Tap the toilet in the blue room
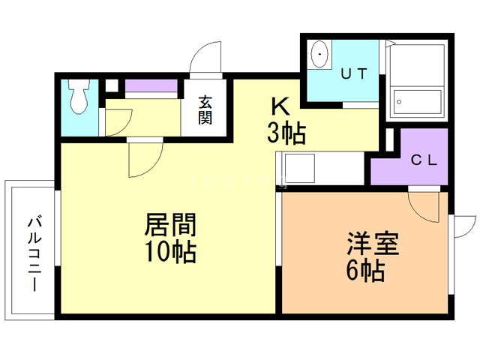[x=78, y=97]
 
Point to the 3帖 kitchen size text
[x=285, y=133]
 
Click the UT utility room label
[x=354, y=73]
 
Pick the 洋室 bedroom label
[x=372, y=244]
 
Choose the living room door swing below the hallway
[x=144, y=158]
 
